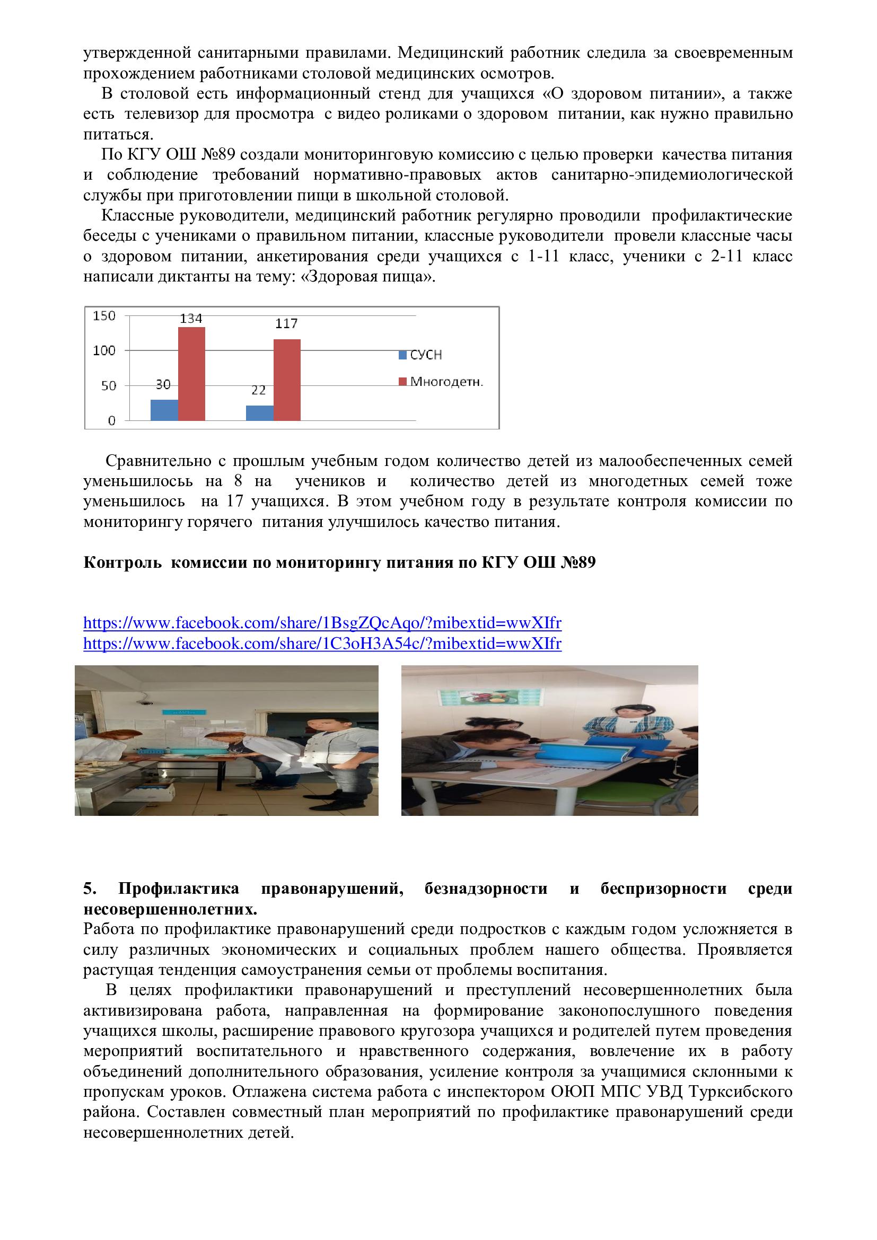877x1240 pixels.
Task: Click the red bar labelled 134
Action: click(x=191, y=373)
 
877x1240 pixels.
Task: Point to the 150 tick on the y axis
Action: click(x=104, y=316)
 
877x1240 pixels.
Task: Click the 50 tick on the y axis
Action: click(x=108, y=385)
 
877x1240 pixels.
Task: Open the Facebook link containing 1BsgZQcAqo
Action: click(x=322, y=623)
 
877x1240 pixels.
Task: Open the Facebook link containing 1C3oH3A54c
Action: click(x=322, y=644)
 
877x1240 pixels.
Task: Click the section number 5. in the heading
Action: click(x=90, y=889)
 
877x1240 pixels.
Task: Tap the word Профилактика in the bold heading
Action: click(x=179, y=889)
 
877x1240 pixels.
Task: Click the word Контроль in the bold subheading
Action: click(x=122, y=563)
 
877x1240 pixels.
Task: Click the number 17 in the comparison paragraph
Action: click(x=234, y=501)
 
